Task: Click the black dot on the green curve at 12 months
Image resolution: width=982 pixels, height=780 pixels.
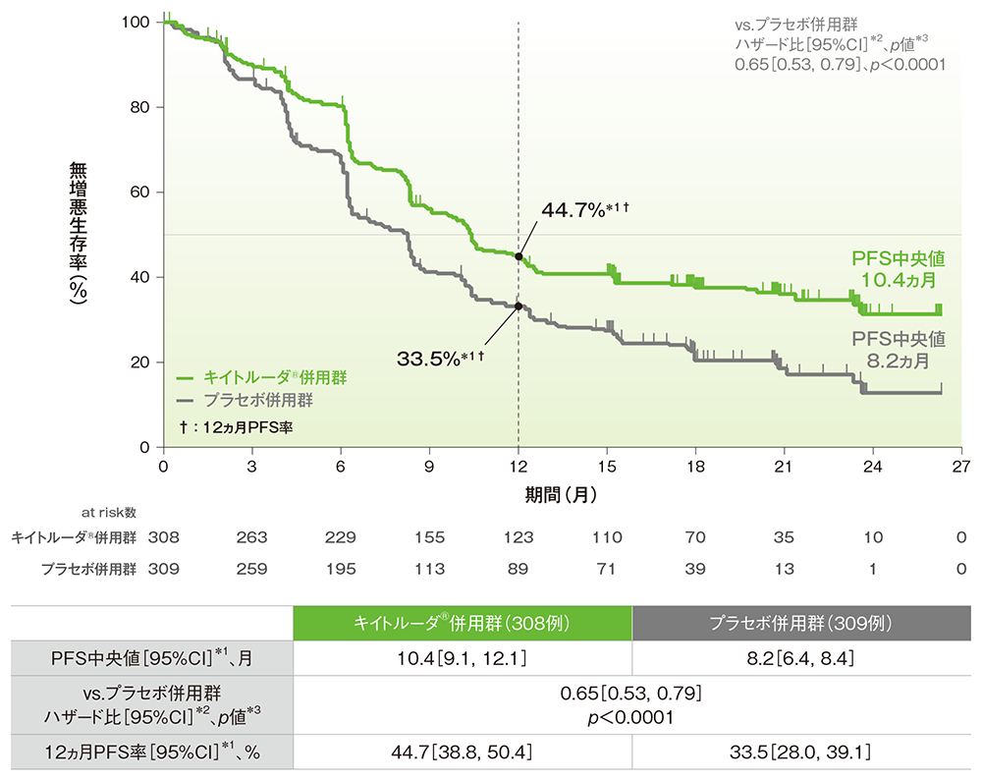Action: pyautogui.click(x=518, y=256)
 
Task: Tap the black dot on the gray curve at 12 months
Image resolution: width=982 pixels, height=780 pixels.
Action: pyautogui.click(x=518, y=306)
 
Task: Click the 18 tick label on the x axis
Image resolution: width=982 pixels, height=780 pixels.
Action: pyautogui.click(x=696, y=465)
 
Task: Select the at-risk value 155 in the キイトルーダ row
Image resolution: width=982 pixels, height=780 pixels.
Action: pyautogui.click(x=430, y=537)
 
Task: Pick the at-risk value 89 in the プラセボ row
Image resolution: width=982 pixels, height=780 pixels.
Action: pyautogui.click(x=518, y=568)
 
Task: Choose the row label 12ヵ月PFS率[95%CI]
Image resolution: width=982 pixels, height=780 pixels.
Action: pyautogui.click(x=152, y=753)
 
